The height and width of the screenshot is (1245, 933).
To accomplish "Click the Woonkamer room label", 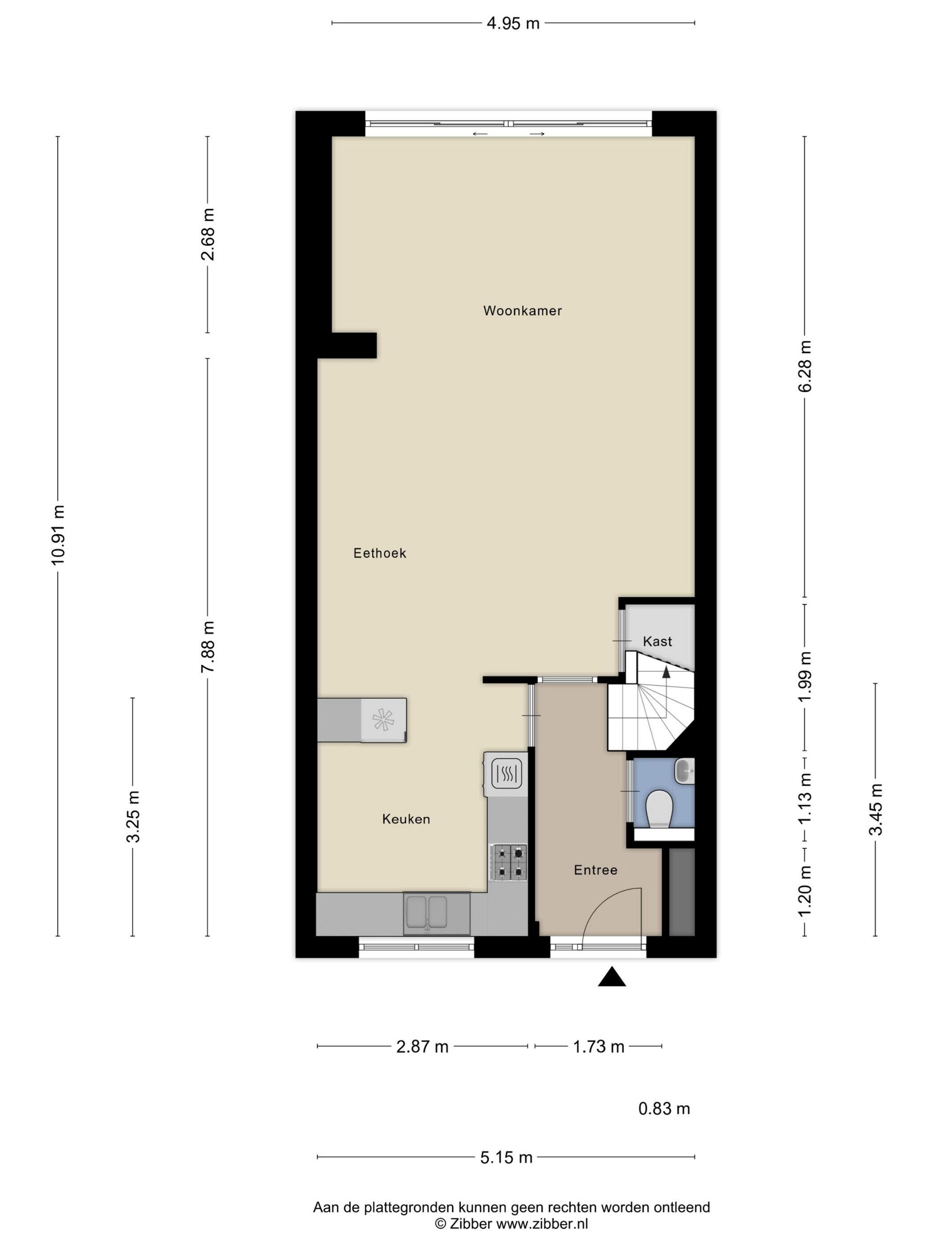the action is pyautogui.click(x=522, y=311).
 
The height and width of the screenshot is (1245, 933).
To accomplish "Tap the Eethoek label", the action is pyautogui.click(x=379, y=553).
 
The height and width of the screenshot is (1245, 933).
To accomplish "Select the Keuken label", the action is pyautogui.click(x=406, y=819).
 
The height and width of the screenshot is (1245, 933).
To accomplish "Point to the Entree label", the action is pyautogui.click(x=596, y=870).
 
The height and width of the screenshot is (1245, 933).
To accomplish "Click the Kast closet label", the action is pyautogui.click(x=658, y=642).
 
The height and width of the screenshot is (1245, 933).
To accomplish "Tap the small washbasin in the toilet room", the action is pyautogui.click(x=685, y=771).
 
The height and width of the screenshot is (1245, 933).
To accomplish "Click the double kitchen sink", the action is pyautogui.click(x=427, y=912).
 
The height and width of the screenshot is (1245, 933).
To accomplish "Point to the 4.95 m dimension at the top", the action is pyautogui.click(x=513, y=23).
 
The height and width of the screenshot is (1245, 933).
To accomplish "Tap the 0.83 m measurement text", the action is pyautogui.click(x=664, y=1109).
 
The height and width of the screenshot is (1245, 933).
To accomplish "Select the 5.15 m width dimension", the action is pyautogui.click(x=506, y=1157).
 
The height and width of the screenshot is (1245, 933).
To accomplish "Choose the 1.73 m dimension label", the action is pyautogui.click(x=598, y=1046).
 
